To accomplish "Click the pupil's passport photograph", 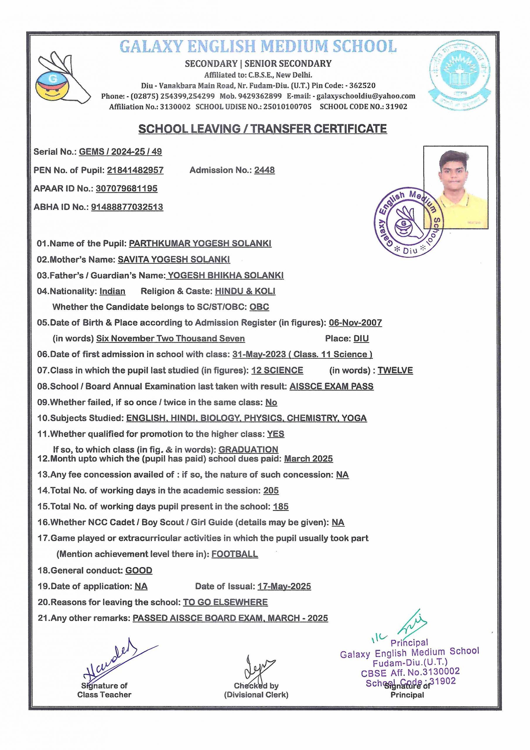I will tap(456, 187).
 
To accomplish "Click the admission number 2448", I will tap(264, 170).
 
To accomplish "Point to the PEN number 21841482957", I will tap(135, 170).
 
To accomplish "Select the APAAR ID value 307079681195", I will tap(126, 188).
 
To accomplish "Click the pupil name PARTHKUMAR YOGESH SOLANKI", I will tap(200, 243).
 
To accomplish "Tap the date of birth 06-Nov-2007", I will tap(355, 323).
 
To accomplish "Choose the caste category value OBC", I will tap(259, 307).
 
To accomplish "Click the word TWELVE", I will tap(395, 370).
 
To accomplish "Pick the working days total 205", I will tap(271, 491).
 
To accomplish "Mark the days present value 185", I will tap(281, 507).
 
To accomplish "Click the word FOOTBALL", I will tap(235, 554).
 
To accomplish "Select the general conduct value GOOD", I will tap(139, 570).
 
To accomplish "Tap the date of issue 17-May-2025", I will tap(284, 586).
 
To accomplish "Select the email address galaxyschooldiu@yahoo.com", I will tap(366, 96).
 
